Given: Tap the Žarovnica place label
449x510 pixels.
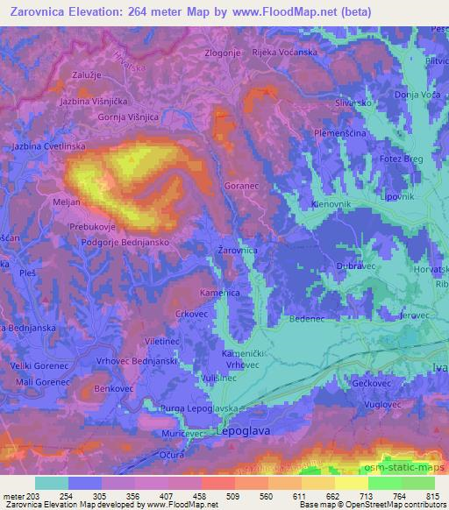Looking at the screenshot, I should coord(237,250).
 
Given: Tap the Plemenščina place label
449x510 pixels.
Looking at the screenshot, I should coord(342,133).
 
